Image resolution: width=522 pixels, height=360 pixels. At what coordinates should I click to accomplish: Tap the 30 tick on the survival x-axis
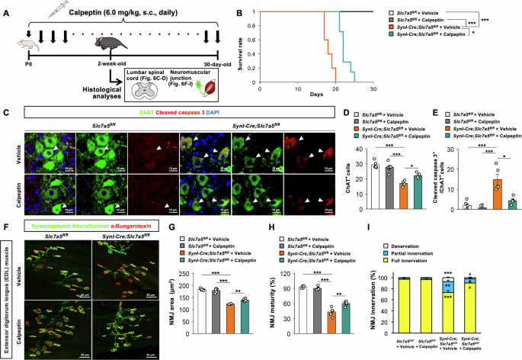373,83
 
